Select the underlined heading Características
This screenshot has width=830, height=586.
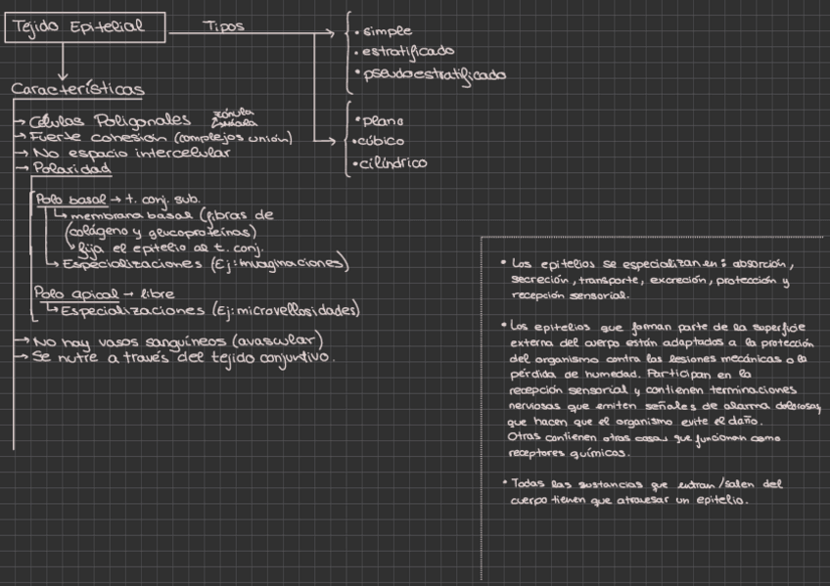[77, 90]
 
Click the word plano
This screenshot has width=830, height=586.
[383, 121]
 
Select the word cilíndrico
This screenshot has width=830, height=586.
[394, 163]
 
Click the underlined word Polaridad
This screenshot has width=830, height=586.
[70, 168]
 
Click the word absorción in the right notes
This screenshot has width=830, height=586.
[760, 264]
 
